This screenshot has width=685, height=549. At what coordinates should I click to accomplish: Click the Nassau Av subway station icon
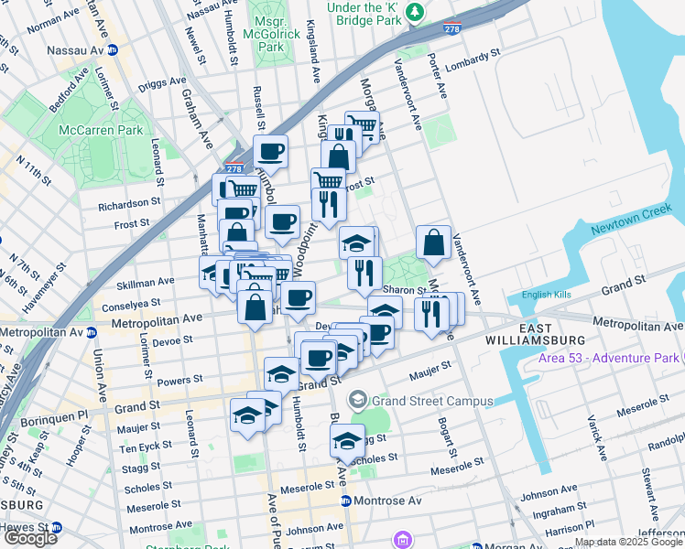[x=114, y=49]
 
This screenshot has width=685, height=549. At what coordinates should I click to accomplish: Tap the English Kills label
[x=547, y=295]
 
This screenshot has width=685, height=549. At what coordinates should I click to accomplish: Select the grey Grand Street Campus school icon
[x=356, y=401]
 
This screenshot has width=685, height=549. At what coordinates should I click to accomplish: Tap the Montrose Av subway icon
[x=346, y=501]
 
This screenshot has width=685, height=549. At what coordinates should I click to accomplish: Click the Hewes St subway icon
[x=56, y=528]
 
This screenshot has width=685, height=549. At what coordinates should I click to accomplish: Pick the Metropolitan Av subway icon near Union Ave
[x=91, y=332]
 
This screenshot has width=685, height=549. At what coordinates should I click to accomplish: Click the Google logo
[x=30, y=538]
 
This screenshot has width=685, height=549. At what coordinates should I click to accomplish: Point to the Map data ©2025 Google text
[x=628, y=543]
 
